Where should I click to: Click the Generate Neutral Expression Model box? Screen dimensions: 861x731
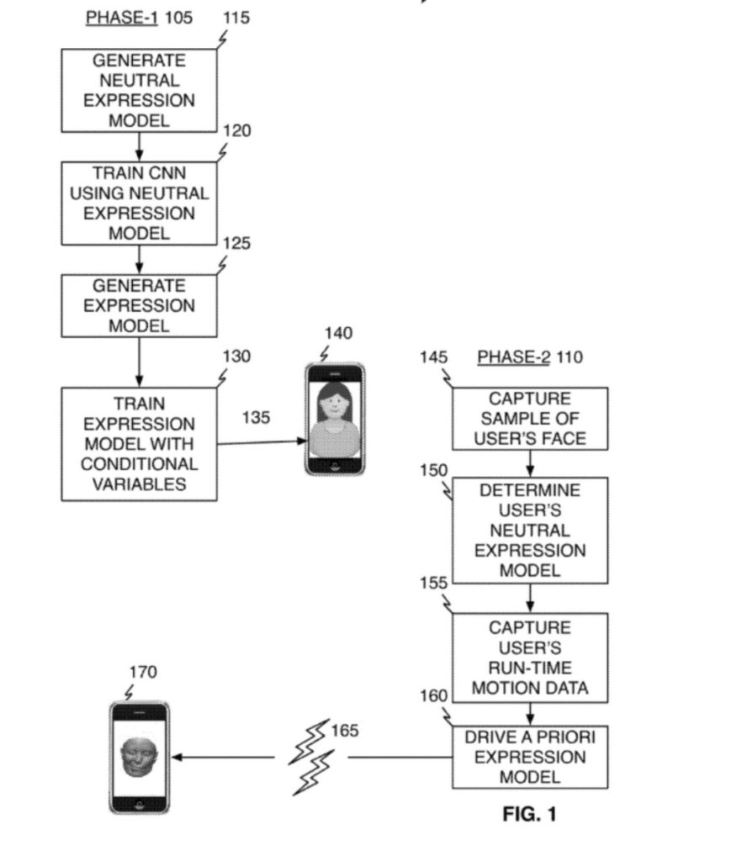tap(139, 90)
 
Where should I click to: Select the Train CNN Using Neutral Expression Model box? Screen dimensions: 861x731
tap(139, 203)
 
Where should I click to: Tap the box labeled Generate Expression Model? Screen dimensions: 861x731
tap(139, 305)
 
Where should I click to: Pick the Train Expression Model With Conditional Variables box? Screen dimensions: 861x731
tap(139, 444)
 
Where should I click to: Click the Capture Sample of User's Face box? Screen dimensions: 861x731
tap(530, 418)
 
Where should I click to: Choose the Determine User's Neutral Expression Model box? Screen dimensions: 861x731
tap(530, 530)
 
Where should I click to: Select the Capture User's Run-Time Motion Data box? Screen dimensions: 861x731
tap(530, 658)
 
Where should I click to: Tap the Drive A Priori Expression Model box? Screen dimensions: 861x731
tap(530, 757)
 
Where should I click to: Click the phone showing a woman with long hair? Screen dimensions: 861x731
tap(334, 419)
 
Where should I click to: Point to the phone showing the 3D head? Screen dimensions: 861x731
tap(140, 757)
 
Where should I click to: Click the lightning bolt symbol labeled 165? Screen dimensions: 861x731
tap(310, 757)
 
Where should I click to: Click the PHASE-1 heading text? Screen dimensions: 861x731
tap(121, 18)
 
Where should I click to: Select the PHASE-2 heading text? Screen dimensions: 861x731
tap(513, 357)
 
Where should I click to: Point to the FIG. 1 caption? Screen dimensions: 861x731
tap(529, 814)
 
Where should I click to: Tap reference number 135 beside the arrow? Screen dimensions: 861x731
tap(257, 417)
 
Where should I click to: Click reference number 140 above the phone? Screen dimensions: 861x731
tap(338, 334)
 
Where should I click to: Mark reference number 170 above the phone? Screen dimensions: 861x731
tap(143, 672)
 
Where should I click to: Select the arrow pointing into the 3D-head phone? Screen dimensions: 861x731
tap(223, 757)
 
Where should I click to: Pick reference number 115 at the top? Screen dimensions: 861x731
tap(236, 18)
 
